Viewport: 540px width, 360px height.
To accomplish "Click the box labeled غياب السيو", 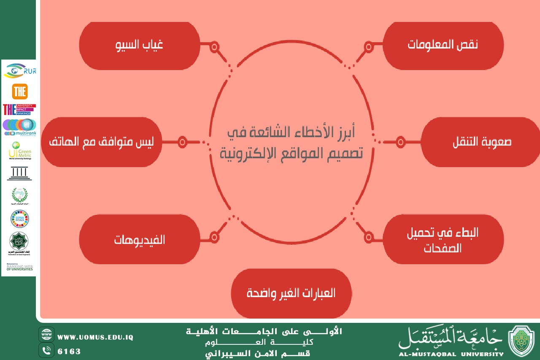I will tap(139, 45).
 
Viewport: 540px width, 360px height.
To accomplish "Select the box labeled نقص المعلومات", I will tap(443, 45).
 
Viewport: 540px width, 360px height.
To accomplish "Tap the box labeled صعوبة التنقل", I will tap(481, 142).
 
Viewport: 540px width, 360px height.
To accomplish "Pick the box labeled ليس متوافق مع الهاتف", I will tap(101, 142).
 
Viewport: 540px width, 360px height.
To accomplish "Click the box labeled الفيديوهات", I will tap(139, 239).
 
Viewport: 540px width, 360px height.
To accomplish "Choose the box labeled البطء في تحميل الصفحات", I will tap(443, 239).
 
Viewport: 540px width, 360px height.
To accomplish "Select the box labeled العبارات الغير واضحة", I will tap(291, 293).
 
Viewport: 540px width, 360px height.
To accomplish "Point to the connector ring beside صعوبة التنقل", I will tap(400, 142).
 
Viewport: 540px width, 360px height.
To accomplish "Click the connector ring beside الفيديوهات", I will tap(214, 238).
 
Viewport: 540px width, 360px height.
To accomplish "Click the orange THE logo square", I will tap(20, 91).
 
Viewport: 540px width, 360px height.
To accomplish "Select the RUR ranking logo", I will tap(19, 71).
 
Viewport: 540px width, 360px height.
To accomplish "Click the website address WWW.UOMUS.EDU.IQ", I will tap(95, 338).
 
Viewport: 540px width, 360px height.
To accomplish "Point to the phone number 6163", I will tap(69, 351).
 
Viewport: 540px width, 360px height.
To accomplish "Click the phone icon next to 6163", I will tap(46, 350).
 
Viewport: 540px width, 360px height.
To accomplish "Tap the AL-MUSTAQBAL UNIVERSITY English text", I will tap(451, 354).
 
